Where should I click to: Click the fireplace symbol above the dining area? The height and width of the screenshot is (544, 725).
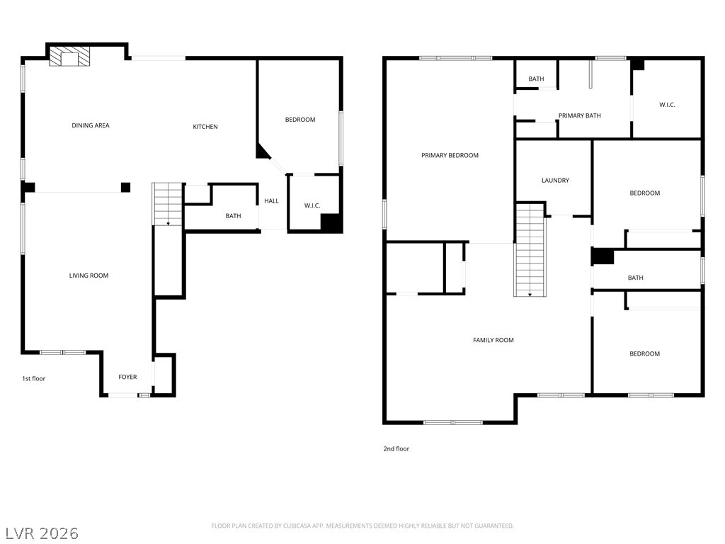click(x=69, y=59)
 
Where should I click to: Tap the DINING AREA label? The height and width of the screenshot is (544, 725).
click(x=91, y=125)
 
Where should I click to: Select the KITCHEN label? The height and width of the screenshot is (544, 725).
click(x=205, y=127)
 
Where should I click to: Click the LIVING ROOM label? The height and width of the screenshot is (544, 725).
click(x=89, y=276)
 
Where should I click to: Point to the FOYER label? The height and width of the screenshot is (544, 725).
click(x=127, y=377)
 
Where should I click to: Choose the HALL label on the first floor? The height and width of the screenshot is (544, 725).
click(x=271, y=201)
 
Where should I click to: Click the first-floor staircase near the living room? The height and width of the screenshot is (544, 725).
click(x=168, y=204)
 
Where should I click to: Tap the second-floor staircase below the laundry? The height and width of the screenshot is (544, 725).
click(x=530, y=249)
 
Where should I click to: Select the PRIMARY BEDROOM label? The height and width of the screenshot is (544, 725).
click(x=450, y=155)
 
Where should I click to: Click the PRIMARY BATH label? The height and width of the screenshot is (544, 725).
click(x=579, y=115)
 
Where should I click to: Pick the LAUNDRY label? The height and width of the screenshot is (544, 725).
click(x=555, y=181)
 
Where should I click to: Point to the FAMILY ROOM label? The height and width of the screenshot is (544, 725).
click(x=493, y=340)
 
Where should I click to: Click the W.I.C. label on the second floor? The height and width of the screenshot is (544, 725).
click(x=667, y=105)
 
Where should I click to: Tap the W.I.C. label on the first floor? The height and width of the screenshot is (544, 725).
click(x=312, y=206)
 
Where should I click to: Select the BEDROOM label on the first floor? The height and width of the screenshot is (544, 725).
click(x=300, y=120)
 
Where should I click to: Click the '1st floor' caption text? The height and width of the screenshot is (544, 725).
click(x=33, y=379)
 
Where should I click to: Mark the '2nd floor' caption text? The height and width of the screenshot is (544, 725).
click(x=397, y=449)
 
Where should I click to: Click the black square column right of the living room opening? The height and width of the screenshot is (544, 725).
click(x=125, y=187)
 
